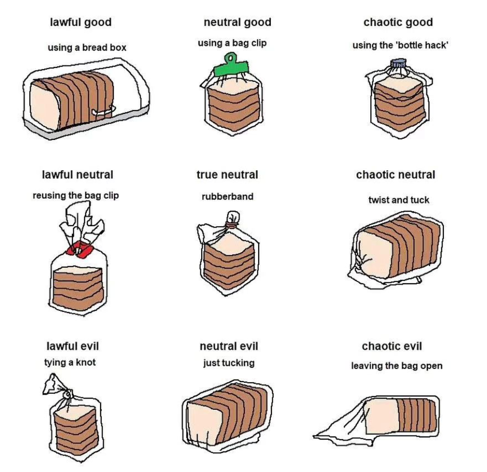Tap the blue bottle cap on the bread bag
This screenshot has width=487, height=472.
pyautogui.click(x=398, y=63)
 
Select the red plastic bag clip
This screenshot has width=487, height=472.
pyautogui.click(x=80, y=249)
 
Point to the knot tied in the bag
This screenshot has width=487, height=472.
pyautogui.click(x=67, y=395)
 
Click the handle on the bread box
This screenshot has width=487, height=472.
pyautogui.click(x=104, y=111)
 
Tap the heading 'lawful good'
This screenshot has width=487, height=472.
pyautogui.click(x=81, y=22)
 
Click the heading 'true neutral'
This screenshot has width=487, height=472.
pyautogui.click(x=227, y=174)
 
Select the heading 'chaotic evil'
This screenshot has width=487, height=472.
pyautogui.click(x=392, y=346)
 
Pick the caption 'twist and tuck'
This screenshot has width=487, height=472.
pyautogui.click(x=399, y=200)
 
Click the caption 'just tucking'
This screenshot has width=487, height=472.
pyautogui.click(x=229, y=363)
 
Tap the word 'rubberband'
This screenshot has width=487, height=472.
pyautogui.click(x=228, y=196)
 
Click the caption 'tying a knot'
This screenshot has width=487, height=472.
pyautogui.click(x=70, y=362)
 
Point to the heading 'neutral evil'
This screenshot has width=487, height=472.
pyautogui.click(x=229, y=346)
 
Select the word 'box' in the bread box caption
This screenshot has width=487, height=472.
pyautogui.click(x=118, y=48)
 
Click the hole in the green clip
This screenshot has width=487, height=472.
pyautogui.click(x=230, y=58)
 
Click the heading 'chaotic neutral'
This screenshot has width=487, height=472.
pyautogui.click(x=396, y=174)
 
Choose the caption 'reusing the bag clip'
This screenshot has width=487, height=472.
pyautogui.click(x=76, y=196)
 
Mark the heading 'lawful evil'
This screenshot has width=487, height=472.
pyautogui.click(x=73, y=346)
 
